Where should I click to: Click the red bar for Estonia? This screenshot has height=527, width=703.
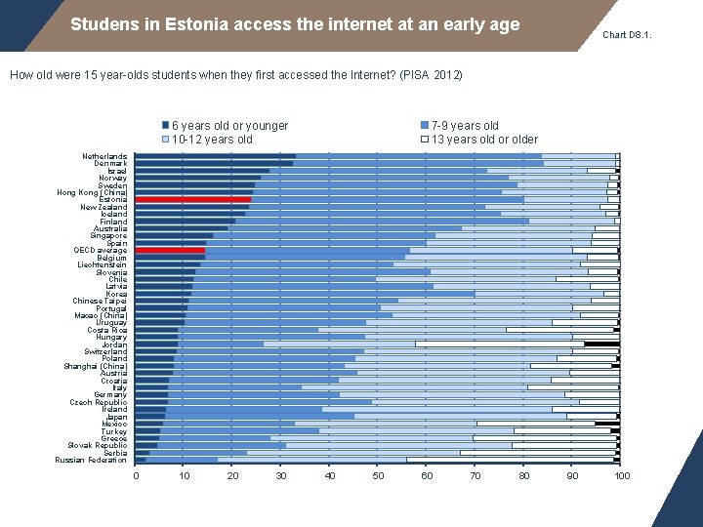pyautogui.click(x=192, y=200)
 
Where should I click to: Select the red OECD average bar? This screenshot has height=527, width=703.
pyautogui.click(x=170, y=251)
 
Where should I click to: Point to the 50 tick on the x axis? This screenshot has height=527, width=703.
pyautogui.click(x=378, y=476)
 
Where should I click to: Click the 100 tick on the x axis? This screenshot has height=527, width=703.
pyautogui.click(x=621, y=476)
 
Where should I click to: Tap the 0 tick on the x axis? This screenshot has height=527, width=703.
pyautogui.click(x=136, y=476)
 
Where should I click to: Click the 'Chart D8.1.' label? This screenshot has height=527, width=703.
pyautogui.click(x=627, y=35)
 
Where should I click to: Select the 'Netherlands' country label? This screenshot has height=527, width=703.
pyautogui.click(x=104, y=156)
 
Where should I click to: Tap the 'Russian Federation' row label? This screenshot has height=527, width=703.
pyautogui.click(x=91, y=460)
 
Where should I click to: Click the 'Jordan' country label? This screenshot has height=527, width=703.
pyautogui.click(x=114, y=345)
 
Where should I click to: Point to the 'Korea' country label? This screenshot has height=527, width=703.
pyautogui.click(x=116, y=294)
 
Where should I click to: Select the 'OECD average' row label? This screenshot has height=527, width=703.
pyautogui.click(x=100, y=251)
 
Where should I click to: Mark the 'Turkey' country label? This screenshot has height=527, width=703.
pyautogui.click(x=114, y=431)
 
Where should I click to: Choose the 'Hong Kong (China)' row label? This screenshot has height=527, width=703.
pyautogui.click(x=92, y=192)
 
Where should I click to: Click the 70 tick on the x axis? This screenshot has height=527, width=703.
pyautogui.click(x=476, y=476)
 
